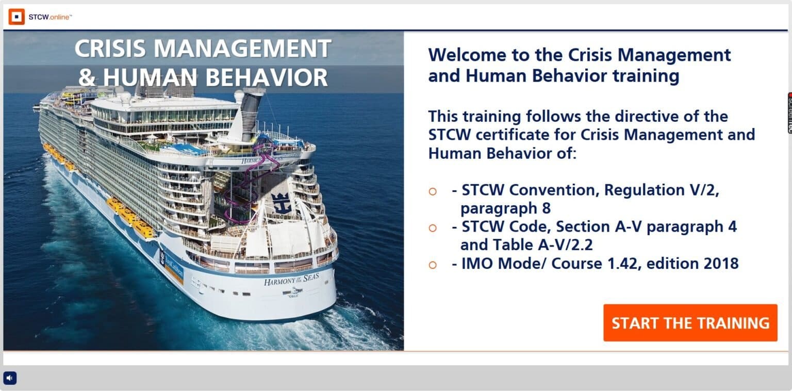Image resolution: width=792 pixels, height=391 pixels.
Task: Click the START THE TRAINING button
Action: (690, 323)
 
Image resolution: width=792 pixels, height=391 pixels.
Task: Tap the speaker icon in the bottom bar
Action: (10, 378)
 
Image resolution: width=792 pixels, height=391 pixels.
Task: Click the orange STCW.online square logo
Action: (16, 17)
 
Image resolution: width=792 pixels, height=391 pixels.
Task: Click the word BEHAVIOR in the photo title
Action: (267, 77)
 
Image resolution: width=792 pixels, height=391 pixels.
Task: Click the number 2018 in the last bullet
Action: (721, 263)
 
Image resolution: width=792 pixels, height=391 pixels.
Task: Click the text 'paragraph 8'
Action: (505, 208)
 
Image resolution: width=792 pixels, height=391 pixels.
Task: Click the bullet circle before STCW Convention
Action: (433, 191)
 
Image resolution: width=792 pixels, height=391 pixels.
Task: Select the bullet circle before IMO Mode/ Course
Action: (433, 265)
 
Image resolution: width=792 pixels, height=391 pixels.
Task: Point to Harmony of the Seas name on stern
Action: (291, 280)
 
